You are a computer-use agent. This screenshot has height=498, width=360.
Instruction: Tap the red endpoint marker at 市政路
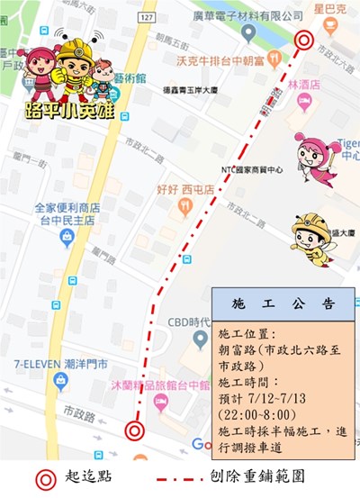tap(135, 430)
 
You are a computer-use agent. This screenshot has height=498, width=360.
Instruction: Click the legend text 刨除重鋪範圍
tap(294, 475)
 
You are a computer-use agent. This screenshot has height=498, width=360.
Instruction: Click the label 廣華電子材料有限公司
tap(256, 15)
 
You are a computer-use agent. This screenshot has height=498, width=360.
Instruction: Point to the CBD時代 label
tap(189, 322)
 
